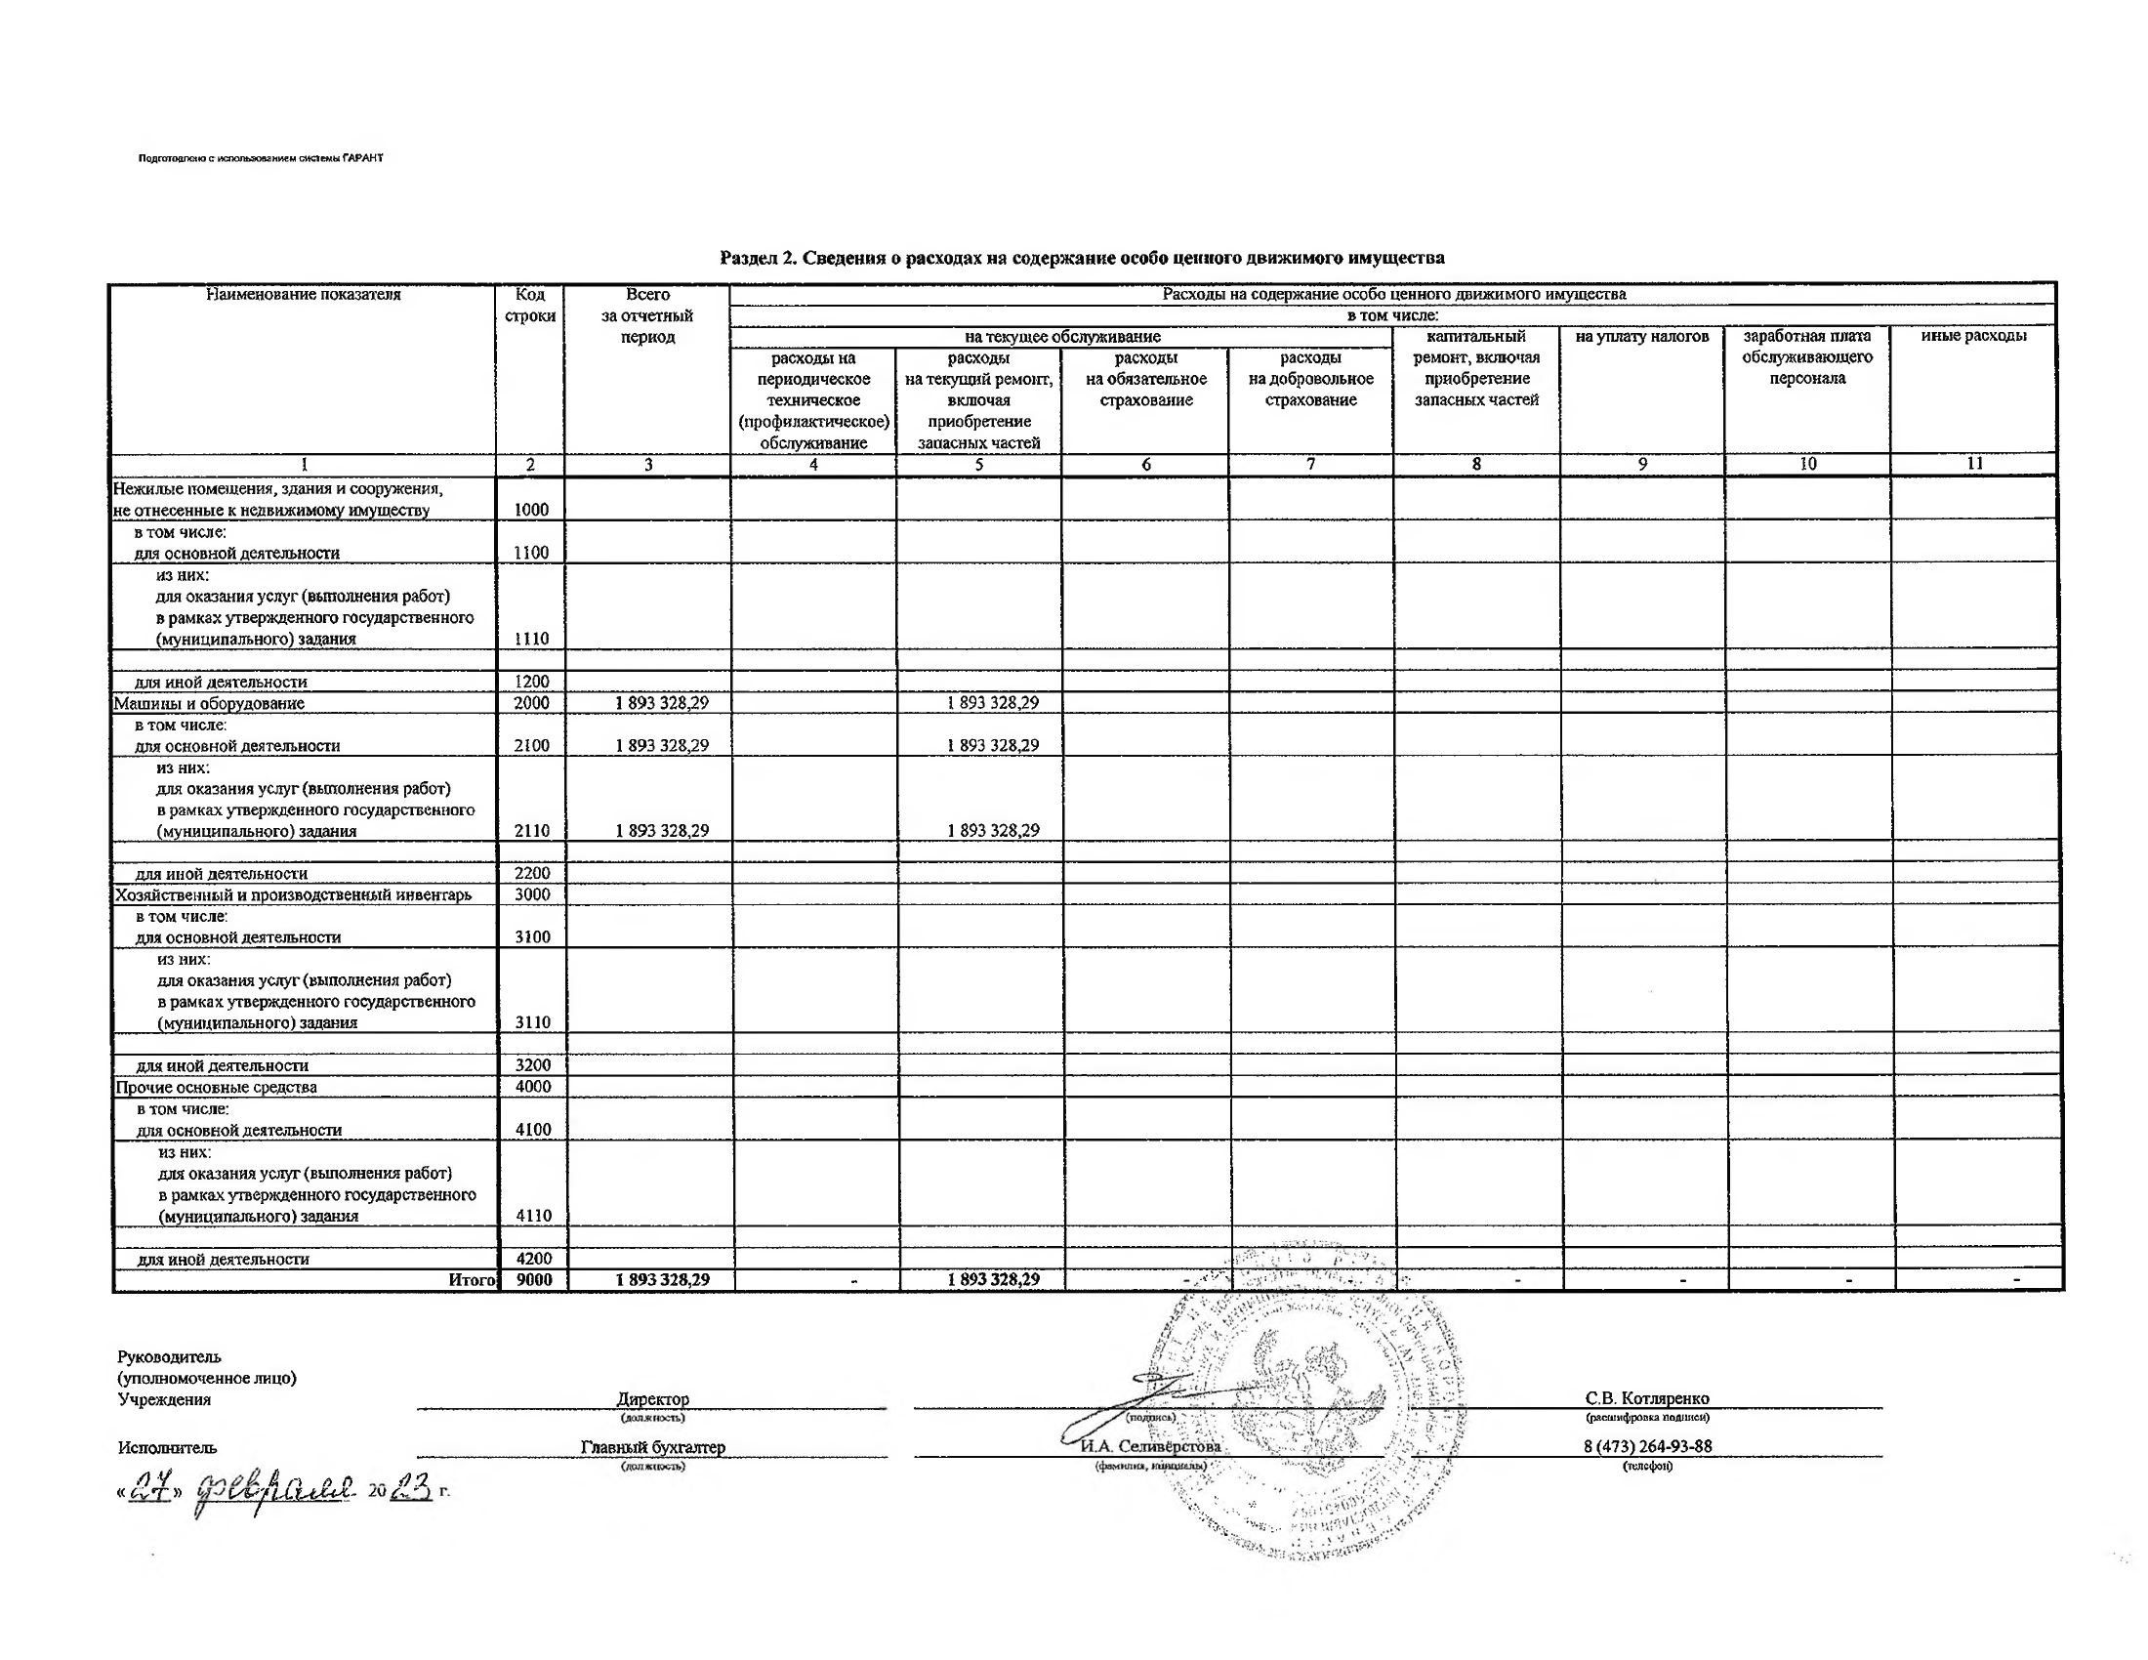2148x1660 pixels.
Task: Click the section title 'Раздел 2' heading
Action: coord(1082,258)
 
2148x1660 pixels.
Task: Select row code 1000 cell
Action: coord(531,510)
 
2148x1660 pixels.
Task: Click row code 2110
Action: coord(532,831)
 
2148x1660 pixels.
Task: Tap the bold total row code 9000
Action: coord(534,1280)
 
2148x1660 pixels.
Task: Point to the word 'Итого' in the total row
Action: coord(473,1280)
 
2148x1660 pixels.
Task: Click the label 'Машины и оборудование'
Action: coord(210,703)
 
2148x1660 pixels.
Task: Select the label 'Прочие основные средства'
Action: coord(217,1087)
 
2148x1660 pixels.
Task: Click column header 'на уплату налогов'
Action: coord(1641,336)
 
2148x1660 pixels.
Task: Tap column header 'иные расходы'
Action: coord(1973,335)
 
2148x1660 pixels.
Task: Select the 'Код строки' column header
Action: coord(530,305)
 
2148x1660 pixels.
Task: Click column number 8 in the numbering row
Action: coord(1476,464)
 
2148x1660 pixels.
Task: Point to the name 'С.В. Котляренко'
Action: coord(1646,1398)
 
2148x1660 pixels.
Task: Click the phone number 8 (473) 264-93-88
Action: coord(1647,1446)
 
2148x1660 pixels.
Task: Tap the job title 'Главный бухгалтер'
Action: coord(653,1447)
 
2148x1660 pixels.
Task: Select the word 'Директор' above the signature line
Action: coord(653,1398)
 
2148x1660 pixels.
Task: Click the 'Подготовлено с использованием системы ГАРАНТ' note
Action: coord(261,158)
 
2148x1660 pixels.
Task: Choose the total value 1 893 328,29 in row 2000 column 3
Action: coord(662,703)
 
